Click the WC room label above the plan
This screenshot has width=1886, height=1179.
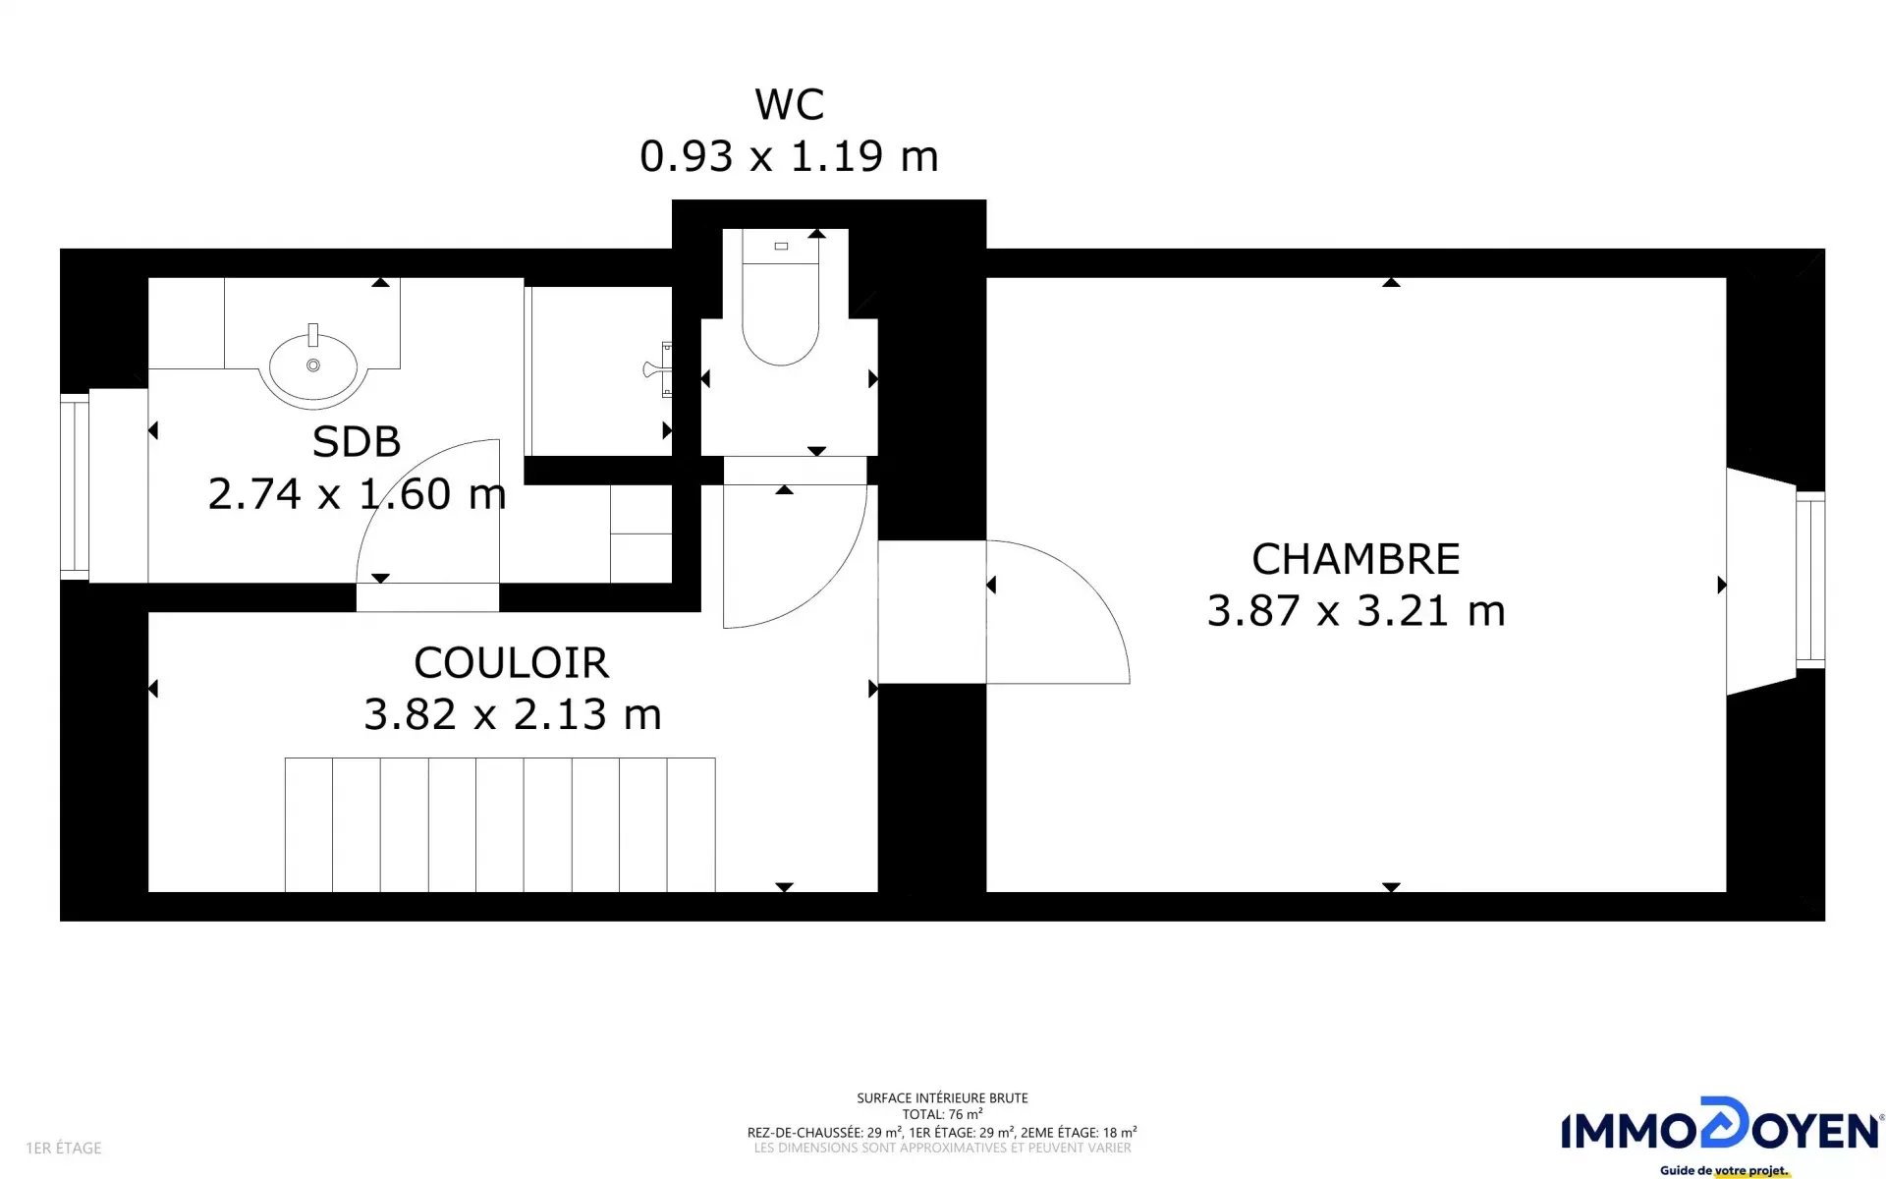pos(789,104)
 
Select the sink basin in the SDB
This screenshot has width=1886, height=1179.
pos(313,366)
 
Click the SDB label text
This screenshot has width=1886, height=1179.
pos(357,442)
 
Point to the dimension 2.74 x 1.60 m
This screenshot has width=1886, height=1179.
pos(357,493)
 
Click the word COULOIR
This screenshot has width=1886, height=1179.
pos(512,663)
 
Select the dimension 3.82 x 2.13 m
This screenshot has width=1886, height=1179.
pos(513,714)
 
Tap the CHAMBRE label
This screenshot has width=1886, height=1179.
pos(1356,559)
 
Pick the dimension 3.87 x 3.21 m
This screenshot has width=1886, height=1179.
pos(1356,610)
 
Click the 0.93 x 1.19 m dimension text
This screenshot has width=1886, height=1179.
pos(789,156)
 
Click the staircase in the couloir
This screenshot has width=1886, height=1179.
pos(500,824)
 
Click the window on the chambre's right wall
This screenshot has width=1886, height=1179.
pos(1810,580)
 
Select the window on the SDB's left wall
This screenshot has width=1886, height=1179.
pos(75,485)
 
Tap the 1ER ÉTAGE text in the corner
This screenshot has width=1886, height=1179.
pos(64,1148)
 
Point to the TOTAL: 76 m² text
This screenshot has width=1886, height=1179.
pos(942,1114)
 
